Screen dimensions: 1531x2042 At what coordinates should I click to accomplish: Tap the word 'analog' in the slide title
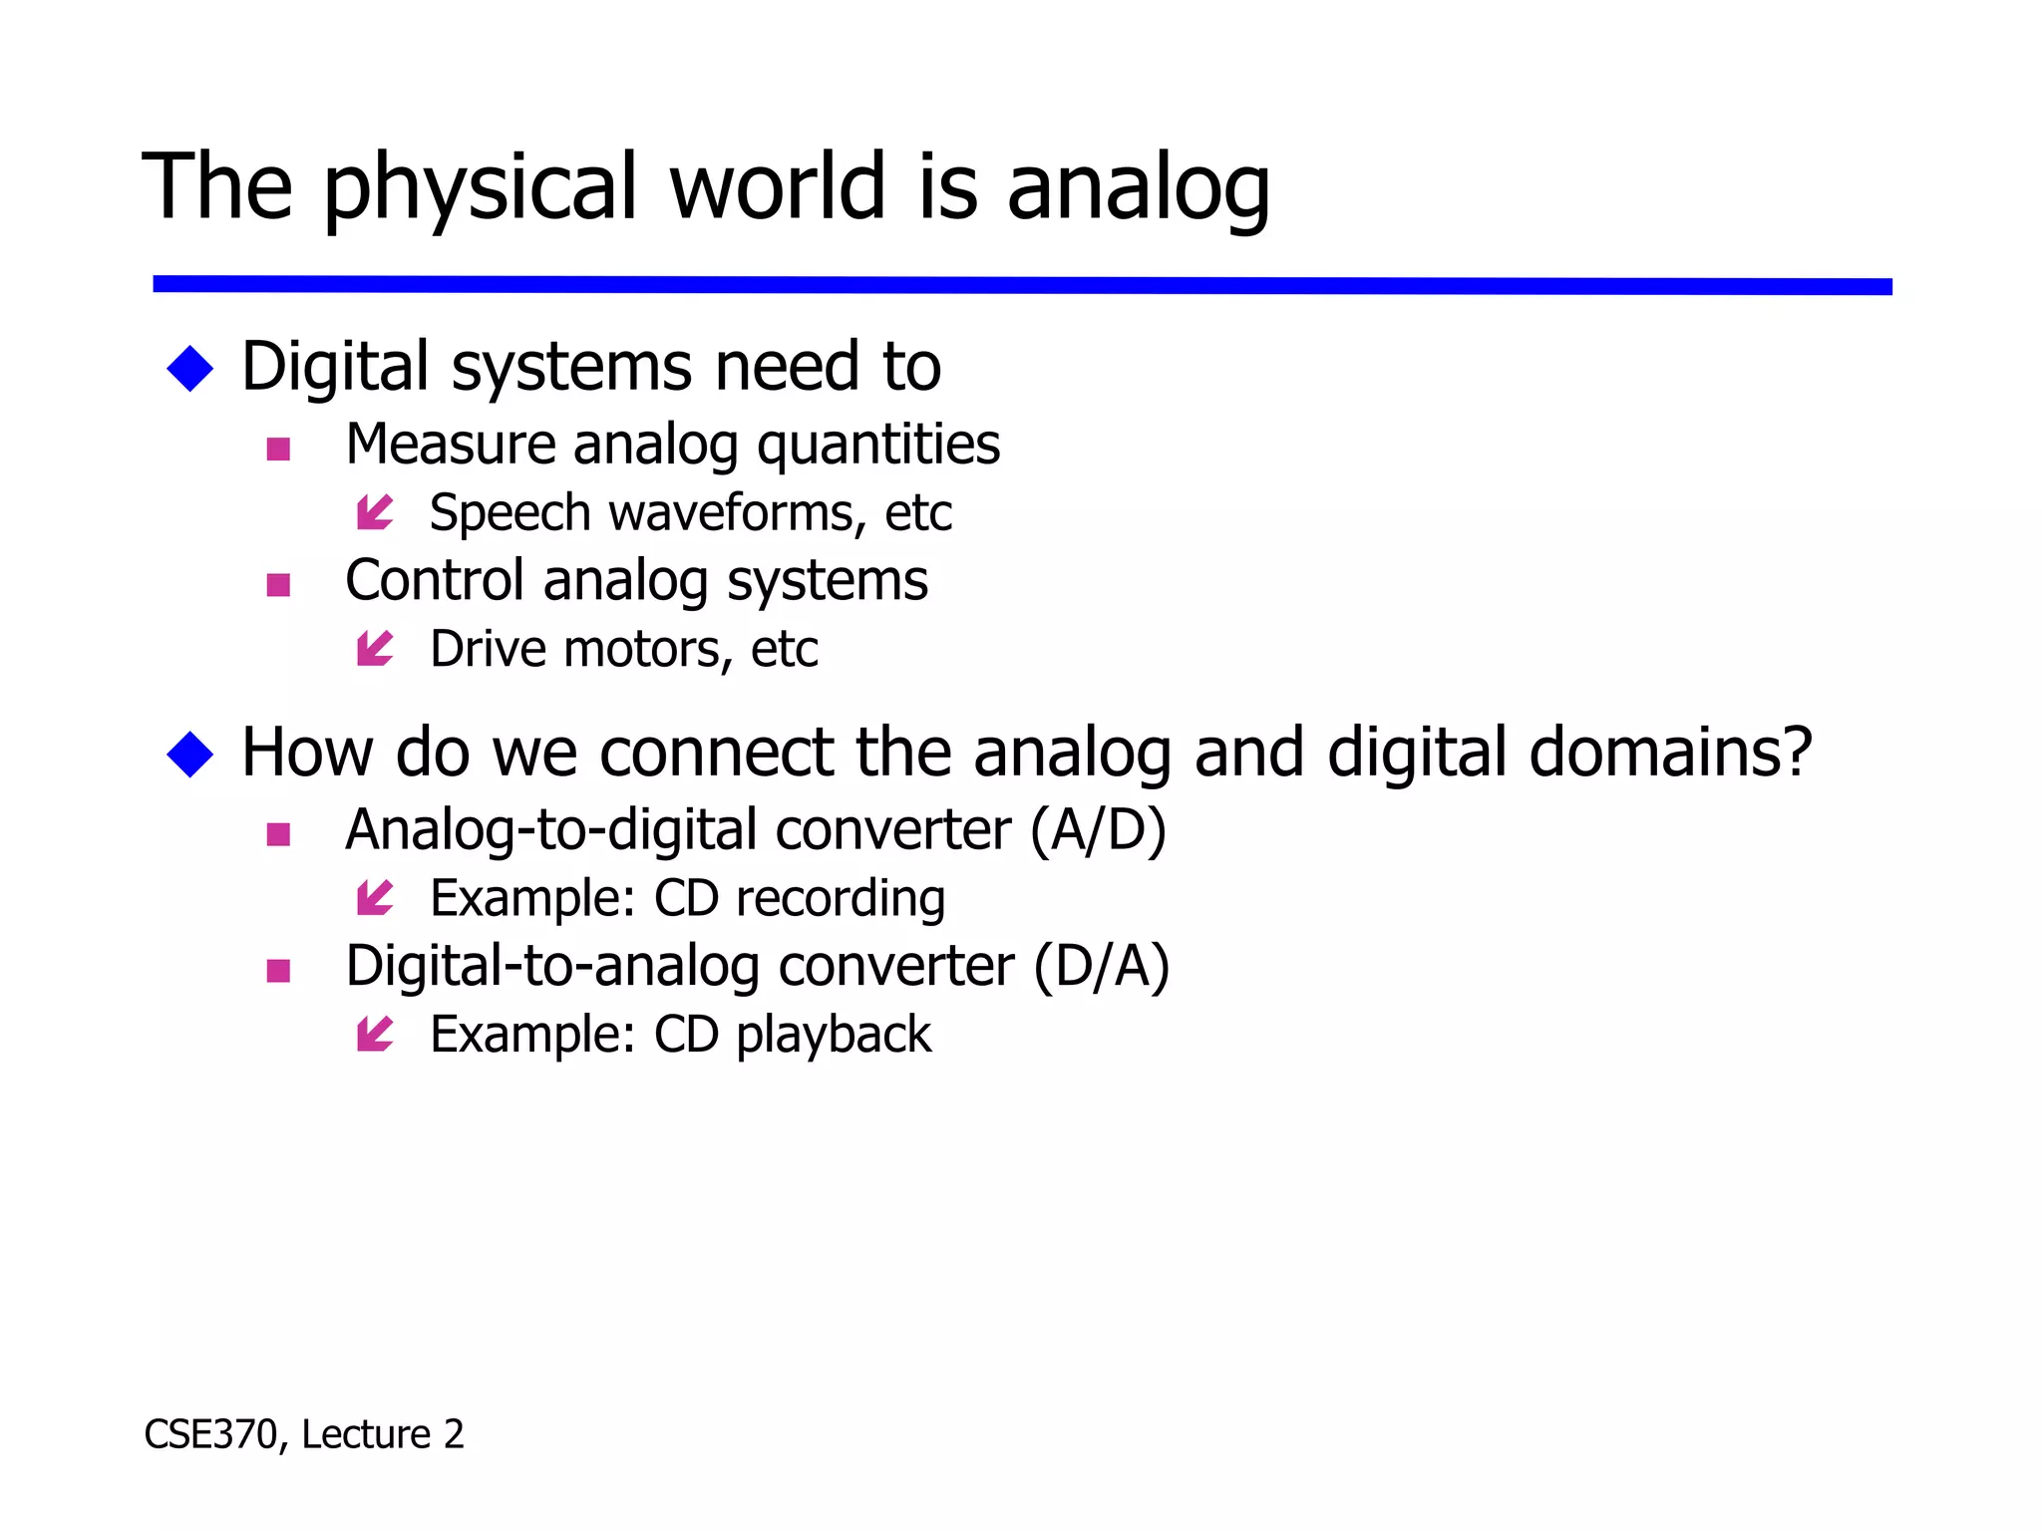pyautogui.click(x=1138, y=189)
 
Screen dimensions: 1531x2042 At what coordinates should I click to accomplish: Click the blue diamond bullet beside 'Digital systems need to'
pyautogui.click(x=190, y=369)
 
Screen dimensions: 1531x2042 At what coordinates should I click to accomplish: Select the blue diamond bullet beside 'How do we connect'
pyautogui.click(x=190, y=754)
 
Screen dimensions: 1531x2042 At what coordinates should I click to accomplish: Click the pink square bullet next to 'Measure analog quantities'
pyautogui.click(x=279, y=449)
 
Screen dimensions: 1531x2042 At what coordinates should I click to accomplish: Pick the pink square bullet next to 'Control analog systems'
pyautogui.click(x=279, y=584)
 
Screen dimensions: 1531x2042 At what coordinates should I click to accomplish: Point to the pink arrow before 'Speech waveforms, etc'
pyautogui.click(x=375, y=513)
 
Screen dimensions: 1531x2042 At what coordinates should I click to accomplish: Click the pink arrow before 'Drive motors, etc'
pyautogui.click(x=375, y=650)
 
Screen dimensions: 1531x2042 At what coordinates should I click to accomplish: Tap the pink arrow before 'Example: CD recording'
pyautogui.click(x=375, y=899)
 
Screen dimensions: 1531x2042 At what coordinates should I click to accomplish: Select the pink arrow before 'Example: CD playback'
pyautogui.click(x=375, y=1035)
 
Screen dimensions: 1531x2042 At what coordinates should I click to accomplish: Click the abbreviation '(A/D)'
pyautogui.click(x=1098, y=830)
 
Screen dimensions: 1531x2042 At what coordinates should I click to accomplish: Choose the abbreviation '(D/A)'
pyautogui.click(x=1101, y=967)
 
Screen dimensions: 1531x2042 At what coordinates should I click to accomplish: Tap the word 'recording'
pyautogui.click(x=841, y=899)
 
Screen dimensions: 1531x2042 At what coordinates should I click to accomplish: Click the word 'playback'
pyautogui.click(x=834, y=1035)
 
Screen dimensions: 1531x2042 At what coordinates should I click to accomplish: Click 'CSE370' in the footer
pyautogui.click(x=209, y=1435)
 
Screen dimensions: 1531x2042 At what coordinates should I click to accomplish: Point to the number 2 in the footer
pyautogui.click(x=454, y=1435)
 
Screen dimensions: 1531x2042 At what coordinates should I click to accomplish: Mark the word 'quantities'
pyautogui.click(x=878, y=446)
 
